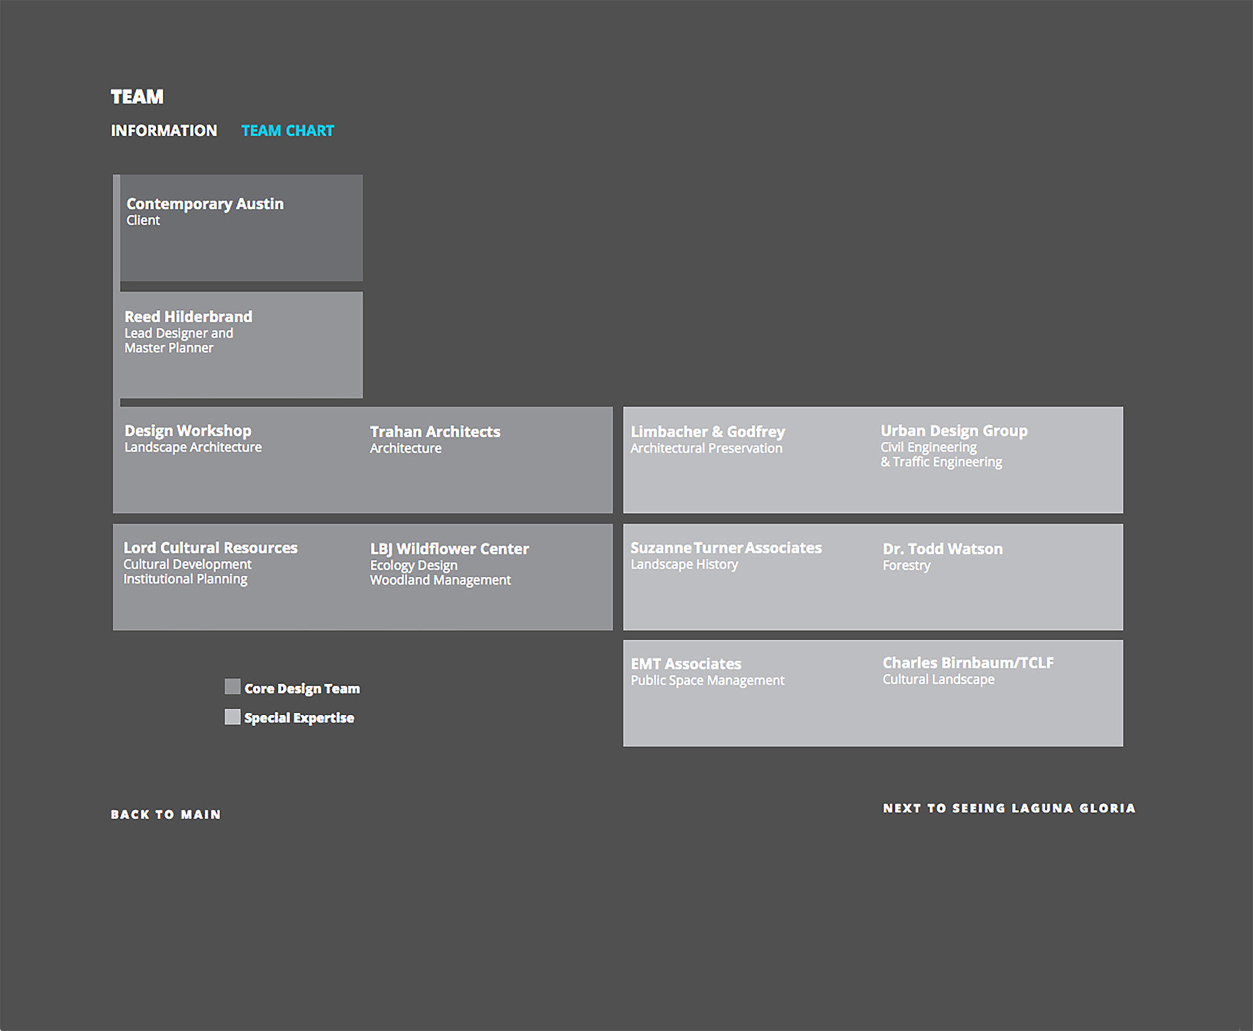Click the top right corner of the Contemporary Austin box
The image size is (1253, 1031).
(x=362, y=175)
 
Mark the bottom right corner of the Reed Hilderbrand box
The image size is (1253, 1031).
(x=362, y=397)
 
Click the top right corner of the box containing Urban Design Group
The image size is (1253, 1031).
(x=1122, y=407)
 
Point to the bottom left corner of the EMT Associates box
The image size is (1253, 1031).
(x=624, y=745)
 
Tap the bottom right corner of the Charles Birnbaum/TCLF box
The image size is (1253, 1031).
(x=1122, y=745)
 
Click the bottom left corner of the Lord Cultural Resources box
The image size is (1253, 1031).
(x=114, y=629)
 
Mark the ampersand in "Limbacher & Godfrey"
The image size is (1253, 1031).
(x=717, y=432)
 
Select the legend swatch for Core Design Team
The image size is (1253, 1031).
(x=232, y=686)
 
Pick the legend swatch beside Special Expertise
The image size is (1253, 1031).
(x=232, y=716)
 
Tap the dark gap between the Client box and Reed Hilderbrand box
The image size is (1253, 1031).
(x=241, y=286)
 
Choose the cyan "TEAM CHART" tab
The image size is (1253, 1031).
(x=288, y=131)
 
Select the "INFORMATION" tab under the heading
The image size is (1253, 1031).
(x=164, y=131)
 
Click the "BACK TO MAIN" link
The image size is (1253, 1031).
(x=166, y=814)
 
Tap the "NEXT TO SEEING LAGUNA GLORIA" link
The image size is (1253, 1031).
(x=1009, y=808)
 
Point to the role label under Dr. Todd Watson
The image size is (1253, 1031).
(x=906, y=566)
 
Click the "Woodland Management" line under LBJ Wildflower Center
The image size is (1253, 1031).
(x=441, y=580)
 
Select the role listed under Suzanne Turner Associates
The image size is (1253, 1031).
(x=684, y=564)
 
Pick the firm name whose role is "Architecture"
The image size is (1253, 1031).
(x=435, y=432)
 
